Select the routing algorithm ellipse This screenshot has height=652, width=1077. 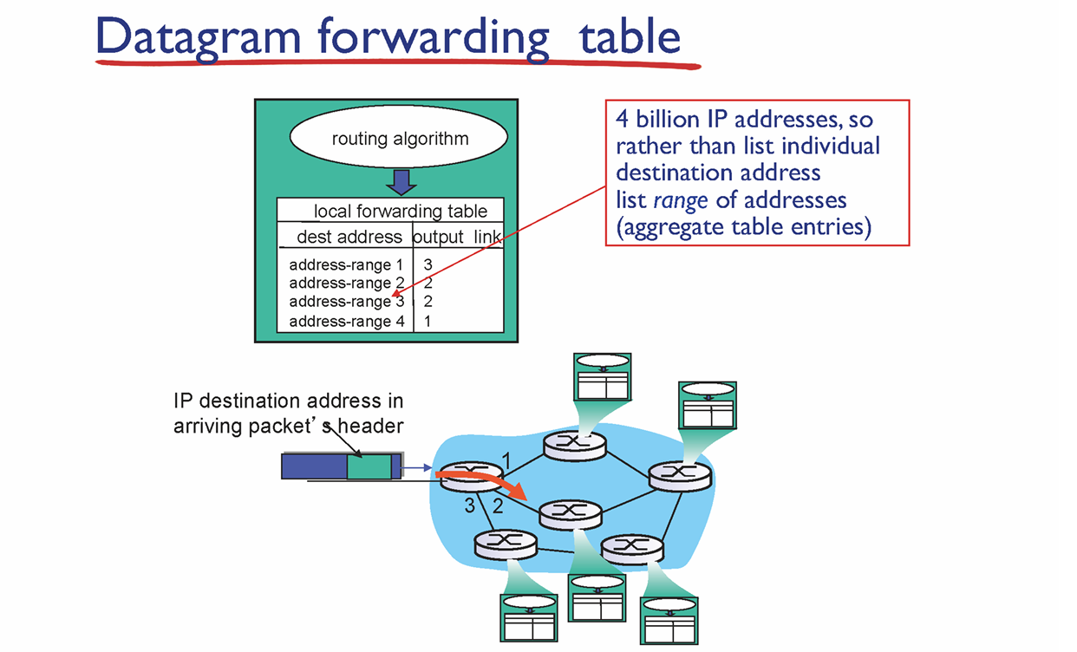click(400, 139)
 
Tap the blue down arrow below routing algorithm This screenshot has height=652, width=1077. click(400, 183)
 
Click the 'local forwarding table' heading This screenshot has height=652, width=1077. click(400, 212)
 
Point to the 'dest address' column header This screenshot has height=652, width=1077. click(349, 237)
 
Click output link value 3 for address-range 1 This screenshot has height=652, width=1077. click(428, 264)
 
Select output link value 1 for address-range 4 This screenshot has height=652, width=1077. click(428, 322)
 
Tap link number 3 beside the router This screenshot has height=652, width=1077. click(469, 506)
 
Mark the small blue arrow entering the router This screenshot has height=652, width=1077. click(418, 468)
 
